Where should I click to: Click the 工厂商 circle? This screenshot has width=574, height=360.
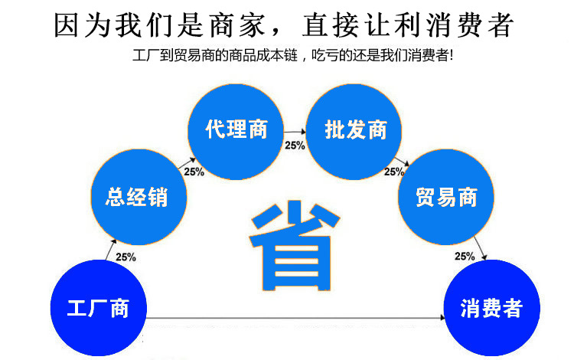click(97, 308)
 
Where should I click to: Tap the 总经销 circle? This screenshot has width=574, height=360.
click(136, 198)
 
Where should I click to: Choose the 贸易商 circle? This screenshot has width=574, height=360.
click(446, 198)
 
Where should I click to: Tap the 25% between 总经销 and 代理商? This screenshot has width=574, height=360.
click(194, 172)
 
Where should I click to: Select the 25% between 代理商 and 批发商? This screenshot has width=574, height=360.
click(295, 146)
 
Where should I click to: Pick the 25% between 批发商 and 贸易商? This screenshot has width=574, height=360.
click(394, 172)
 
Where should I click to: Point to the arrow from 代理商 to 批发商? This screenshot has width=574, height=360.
click(295, 134)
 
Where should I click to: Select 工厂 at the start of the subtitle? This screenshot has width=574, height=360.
click(142, 57)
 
